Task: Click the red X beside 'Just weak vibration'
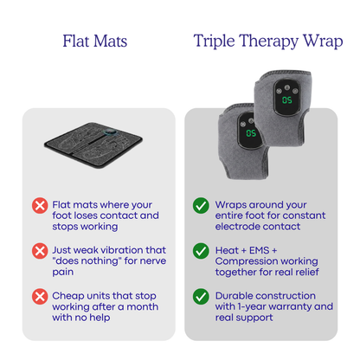pyautogui.click(x=39, y=251)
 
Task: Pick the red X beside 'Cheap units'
pyautogui.click(x=39, y=296)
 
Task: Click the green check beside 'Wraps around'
pyautogui.click(x=201, y=206)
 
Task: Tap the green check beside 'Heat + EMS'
pyautogui.click(x=201, y=251)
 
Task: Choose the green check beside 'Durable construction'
pyautogui.click(x=201, y=296)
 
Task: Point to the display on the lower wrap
pyautogui.click(x=250, y=133)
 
